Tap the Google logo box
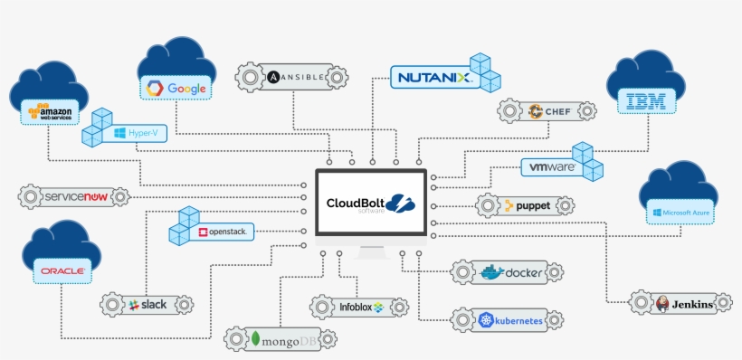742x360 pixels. pyautogui.click(x=177, y=89)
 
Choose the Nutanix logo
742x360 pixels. pyautogui.click(x=433, y=79)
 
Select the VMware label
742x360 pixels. pyautogui.click(x=552, y=167)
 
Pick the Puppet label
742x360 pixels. pyautogui.click(x=525, y=205)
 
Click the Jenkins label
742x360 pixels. pyautogui.click(x=685, y=304)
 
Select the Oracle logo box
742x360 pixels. pyautogui.click(x=62, y=270)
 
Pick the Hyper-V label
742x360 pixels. pyautogui.click(x=137, y=133)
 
